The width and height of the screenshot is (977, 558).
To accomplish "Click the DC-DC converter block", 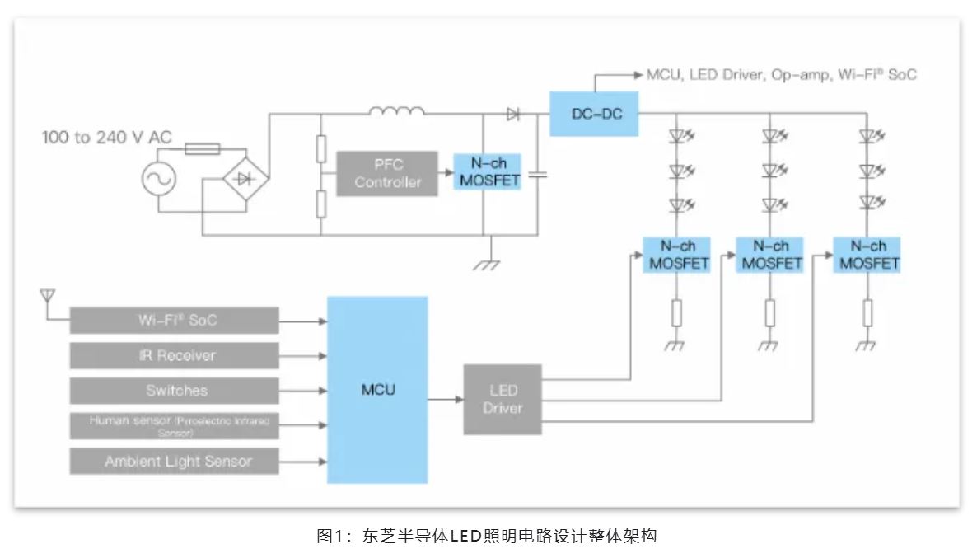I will click(593, 113).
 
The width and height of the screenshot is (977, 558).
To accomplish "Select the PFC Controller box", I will click(387, 173).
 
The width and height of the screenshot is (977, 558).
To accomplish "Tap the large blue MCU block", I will click(377, 389).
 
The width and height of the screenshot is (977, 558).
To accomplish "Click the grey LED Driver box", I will click(503, 399).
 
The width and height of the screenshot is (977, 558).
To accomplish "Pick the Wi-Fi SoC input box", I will click(174, 320).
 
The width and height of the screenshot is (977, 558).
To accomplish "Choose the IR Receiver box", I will click(174, 355).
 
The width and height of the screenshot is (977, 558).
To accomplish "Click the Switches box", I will click(174, 391).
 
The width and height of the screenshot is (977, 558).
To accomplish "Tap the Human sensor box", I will click(174, 426).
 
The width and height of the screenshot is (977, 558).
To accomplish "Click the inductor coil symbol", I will click(396, 112).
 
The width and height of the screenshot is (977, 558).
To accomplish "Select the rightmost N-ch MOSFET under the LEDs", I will click(866, 255).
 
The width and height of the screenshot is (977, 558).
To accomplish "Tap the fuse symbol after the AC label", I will click(201, 149).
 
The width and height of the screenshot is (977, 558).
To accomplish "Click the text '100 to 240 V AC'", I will click(107, 137).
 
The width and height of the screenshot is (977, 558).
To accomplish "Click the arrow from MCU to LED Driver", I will click(445, 400).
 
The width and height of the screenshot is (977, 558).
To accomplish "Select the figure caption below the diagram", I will click(487, 536).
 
